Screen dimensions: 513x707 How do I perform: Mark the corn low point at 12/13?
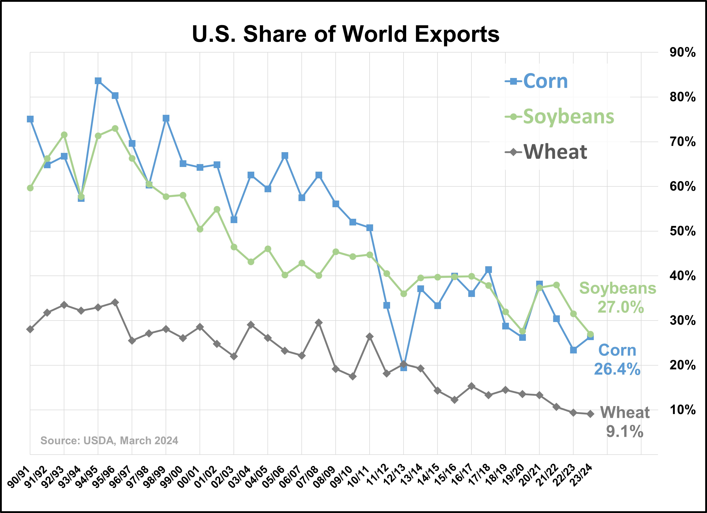404,368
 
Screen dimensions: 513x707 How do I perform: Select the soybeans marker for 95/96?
115,128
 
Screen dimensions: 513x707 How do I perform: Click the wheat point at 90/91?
30,329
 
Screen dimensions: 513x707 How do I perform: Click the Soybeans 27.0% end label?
618,298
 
